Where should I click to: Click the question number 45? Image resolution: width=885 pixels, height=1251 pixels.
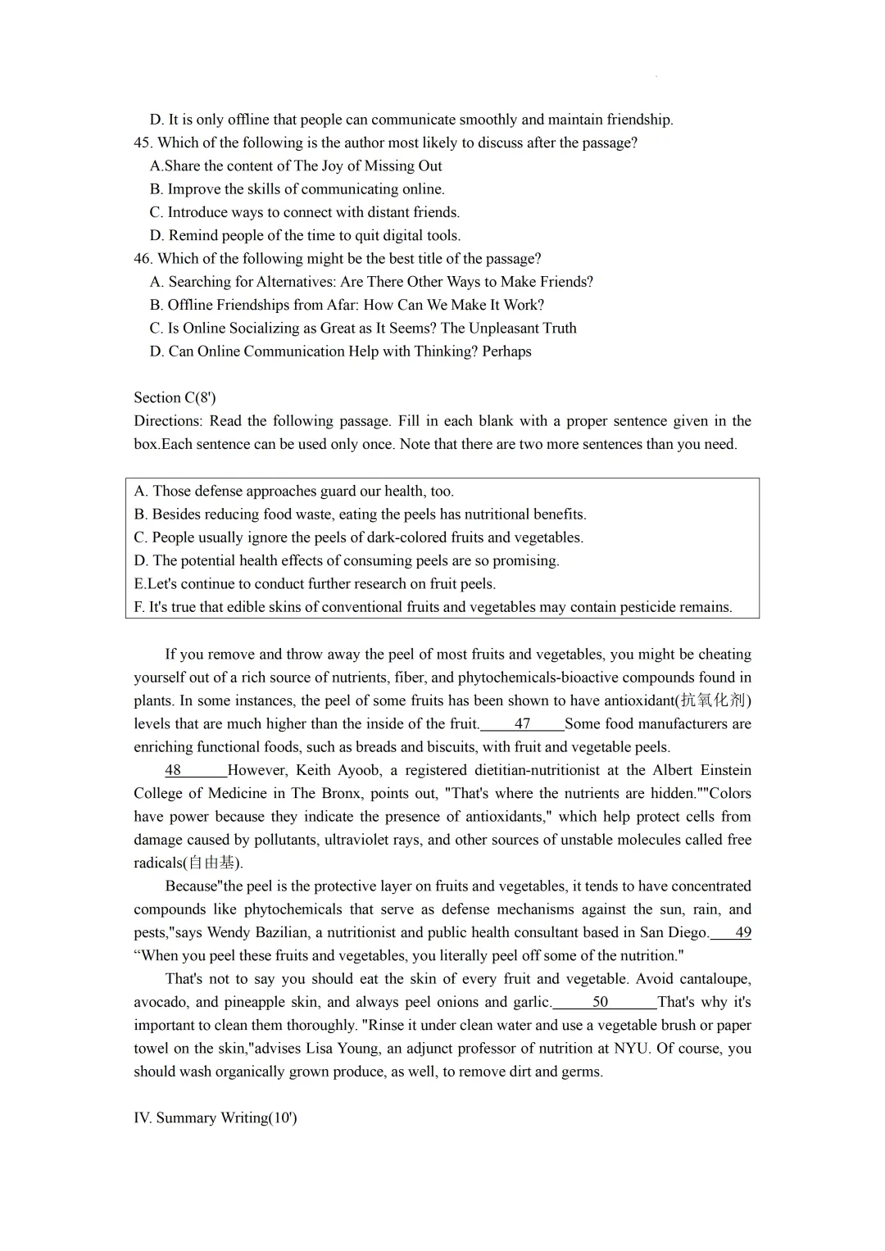143,143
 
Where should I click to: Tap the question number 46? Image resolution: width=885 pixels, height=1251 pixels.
143,259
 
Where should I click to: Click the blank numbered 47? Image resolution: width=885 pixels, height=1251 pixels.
522,724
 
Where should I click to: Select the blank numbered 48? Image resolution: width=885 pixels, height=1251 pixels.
174,770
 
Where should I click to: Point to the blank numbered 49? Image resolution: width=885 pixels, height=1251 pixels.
742,932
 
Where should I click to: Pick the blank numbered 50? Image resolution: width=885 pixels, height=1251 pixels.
601,1002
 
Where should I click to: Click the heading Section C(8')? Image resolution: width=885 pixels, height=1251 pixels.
175,398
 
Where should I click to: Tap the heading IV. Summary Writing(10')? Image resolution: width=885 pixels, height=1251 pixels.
215,1118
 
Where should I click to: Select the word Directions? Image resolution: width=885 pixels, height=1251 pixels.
167,421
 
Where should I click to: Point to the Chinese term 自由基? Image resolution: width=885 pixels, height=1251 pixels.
211,863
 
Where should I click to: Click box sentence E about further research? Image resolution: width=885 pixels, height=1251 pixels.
315,584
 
